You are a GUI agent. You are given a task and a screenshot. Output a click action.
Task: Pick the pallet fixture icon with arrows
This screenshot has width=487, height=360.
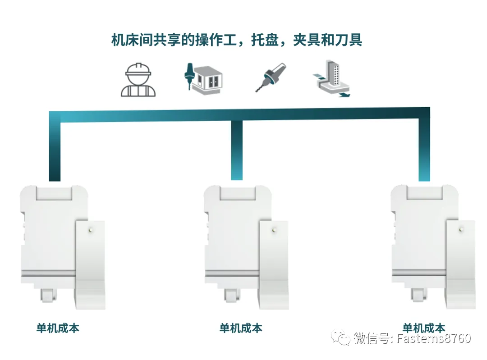click(x=331, y=78)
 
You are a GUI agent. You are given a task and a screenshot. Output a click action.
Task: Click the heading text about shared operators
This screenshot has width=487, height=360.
click(x=237, y=40)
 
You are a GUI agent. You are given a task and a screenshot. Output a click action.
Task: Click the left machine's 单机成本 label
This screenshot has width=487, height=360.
click(x=58, y=328)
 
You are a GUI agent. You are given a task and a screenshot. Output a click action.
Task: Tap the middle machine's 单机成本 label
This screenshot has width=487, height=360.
click(x=241, y=328)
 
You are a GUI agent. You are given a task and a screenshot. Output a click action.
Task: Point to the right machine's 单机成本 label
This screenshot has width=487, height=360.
click(x=423, y=328)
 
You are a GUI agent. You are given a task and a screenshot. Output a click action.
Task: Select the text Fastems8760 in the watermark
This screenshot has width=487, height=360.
click(x=434, y=338)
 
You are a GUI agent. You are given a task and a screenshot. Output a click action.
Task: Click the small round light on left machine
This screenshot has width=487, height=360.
click(x=91, y=230)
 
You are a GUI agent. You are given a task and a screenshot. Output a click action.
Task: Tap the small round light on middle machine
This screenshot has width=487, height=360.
click(x=274, y=230)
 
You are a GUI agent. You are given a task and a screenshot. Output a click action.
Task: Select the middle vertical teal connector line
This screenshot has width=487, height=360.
click(x=237, y=150)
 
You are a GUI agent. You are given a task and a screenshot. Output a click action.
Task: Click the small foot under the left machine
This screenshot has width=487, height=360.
click(x=48, y=295)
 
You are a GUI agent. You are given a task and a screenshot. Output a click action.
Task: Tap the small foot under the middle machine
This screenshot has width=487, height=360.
click(x=232, y=295)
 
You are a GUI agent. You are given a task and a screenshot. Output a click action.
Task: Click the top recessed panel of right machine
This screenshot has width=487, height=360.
click(x=424, y=192)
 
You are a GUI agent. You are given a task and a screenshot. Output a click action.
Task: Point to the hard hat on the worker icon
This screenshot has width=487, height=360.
click(x=138, y=69)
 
